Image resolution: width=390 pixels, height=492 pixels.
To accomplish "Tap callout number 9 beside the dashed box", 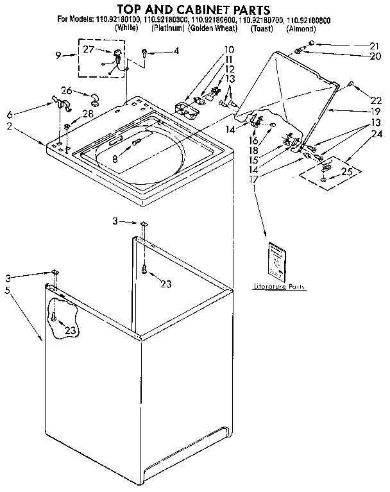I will [58, 55].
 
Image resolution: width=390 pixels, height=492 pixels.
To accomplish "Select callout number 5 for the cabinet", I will [7, 290].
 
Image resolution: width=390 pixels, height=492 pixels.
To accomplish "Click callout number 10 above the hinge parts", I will [229, 49].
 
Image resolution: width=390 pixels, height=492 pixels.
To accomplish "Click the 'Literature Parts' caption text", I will [279, 287].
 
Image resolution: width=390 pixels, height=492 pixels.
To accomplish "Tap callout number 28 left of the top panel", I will [88, 114].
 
